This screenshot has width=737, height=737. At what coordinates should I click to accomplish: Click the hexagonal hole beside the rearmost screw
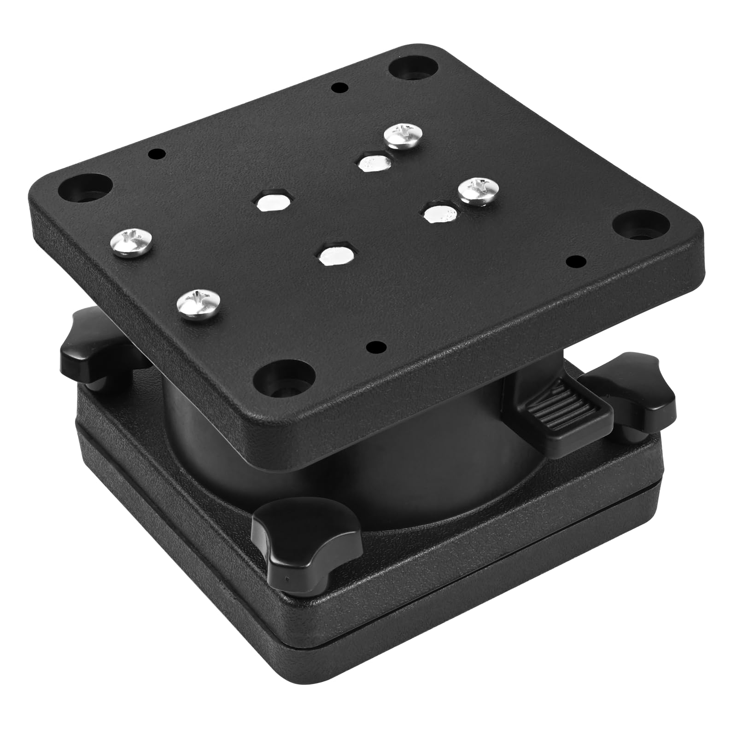pyautogui.click(x=374, y=162)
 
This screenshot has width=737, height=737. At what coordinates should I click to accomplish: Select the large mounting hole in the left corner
pyautogui.click(x=84, y=187)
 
